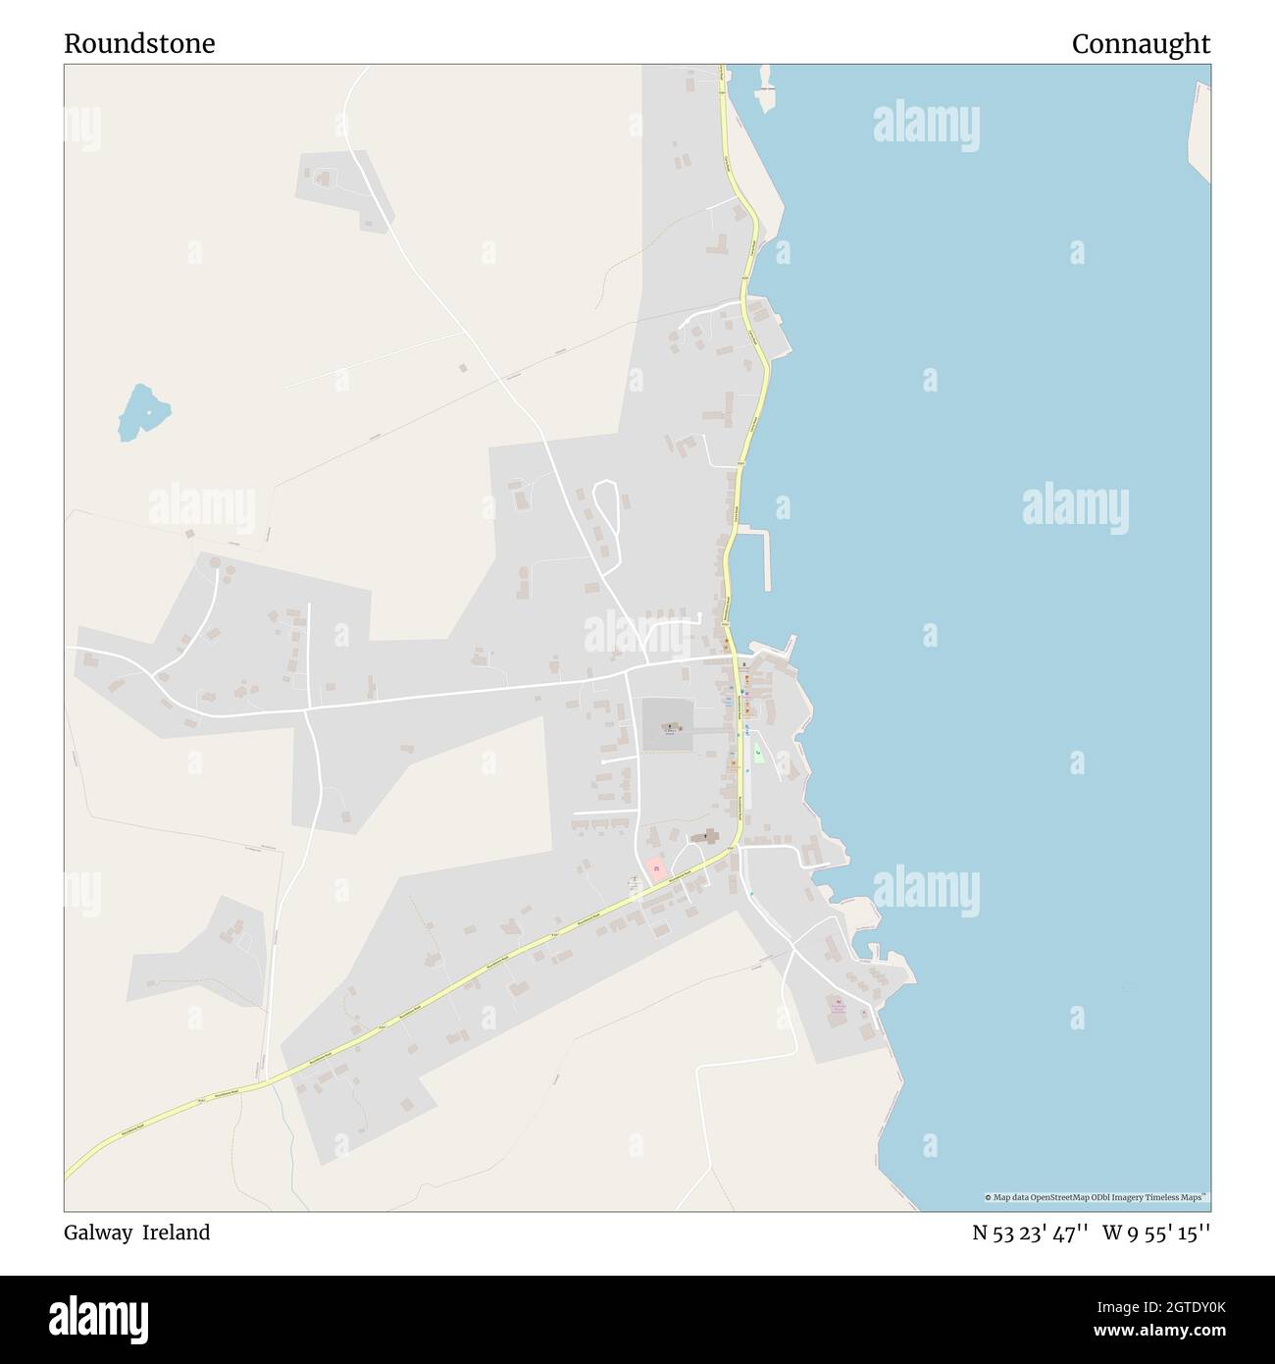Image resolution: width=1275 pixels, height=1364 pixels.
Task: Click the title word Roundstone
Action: tap(139, 44)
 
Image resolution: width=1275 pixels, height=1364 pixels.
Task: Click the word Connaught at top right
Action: tap(1141, 44)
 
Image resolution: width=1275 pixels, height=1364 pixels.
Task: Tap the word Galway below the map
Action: tap(98, 1233)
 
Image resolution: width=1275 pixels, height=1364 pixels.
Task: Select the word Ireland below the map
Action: tap(177, 1233)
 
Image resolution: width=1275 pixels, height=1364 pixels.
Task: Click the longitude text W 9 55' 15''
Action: tap(1156, 1233)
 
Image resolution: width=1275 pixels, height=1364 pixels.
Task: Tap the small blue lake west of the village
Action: tap(142, 411)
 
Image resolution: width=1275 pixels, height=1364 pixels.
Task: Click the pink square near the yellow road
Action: tap(655, 869)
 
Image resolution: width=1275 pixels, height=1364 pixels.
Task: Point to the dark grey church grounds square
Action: tap(667, 726)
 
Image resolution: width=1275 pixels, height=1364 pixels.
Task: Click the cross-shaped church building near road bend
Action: tap(706, 837)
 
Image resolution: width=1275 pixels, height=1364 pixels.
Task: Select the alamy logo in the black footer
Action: tap(99, 1318)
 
